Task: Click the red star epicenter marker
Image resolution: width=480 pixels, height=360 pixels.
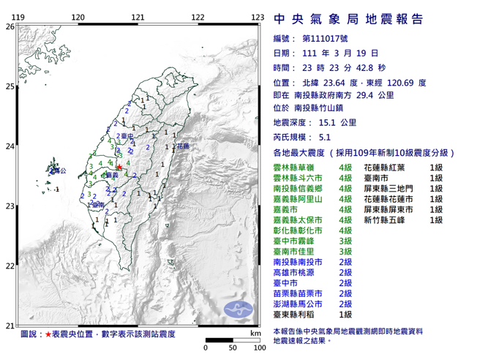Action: point(119,168)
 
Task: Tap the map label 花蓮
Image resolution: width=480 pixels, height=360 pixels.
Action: point(182,147)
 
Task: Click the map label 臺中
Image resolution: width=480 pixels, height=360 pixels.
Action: point(127,137)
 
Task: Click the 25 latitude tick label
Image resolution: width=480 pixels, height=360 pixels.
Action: point(9,86)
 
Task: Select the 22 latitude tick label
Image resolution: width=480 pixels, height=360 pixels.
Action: point(9,266)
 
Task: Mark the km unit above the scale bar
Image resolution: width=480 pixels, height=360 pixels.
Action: point(254,333)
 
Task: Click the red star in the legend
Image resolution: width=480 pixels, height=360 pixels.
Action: point(48,334)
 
